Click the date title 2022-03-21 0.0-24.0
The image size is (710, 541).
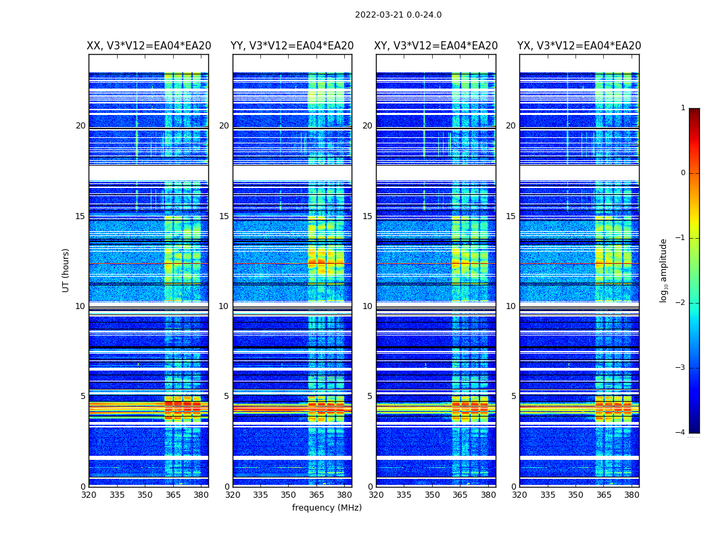pos(398,15)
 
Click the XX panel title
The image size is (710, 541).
pos(149,46)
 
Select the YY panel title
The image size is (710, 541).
pos(292,46)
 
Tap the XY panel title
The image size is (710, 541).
pos(436,46)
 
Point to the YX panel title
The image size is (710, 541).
pos(579,46)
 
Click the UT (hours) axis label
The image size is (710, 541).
pos(66,270)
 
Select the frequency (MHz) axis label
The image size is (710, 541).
pos(327,508)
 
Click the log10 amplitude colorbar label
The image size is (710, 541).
pos(664,270)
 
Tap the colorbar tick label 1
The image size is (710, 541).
pos(683,108)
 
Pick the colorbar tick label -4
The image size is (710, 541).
pos(681,433)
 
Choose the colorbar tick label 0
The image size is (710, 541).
pos(683,173)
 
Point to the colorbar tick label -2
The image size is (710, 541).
pos(681,303)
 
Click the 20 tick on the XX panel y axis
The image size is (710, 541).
pos(80,126)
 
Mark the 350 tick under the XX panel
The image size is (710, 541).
pos(145,494)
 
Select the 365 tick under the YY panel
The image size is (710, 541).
pos(316,494)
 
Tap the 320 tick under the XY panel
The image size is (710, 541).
pos(376,494)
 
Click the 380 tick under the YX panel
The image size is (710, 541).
pos(632,494)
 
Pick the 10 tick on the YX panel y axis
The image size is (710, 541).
pos(511,306)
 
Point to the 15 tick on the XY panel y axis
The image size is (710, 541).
pos(367,216)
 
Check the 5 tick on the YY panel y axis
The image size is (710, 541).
pos(227,396)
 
